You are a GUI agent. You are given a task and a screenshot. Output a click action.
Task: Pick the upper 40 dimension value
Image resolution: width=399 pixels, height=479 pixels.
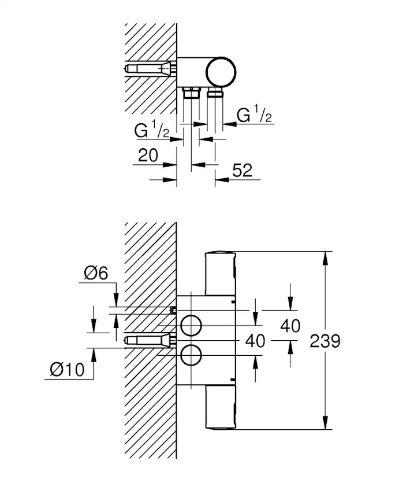point(290,326)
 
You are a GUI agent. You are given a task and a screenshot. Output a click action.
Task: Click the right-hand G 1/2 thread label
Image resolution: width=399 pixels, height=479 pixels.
point(255,115)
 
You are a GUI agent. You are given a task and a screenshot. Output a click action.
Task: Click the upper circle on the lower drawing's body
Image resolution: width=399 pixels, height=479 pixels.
point(191,326)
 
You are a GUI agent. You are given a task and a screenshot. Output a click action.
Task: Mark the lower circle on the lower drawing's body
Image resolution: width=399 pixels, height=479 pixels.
point(191,354)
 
